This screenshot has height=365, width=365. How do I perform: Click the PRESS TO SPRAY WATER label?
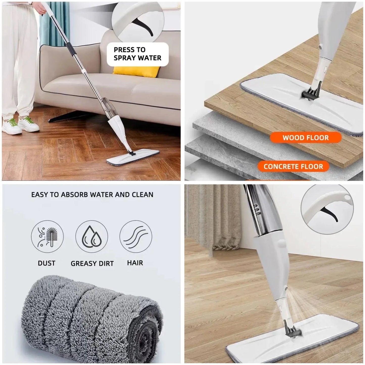(x=137, y=54)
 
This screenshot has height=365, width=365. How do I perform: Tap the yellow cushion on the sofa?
(x=136, y=70)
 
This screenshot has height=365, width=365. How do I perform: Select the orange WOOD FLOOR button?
(x=306, y=138)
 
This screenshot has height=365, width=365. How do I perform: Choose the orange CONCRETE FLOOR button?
(x=293, y=166)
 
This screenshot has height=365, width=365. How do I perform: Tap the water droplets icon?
(x=91, y=237)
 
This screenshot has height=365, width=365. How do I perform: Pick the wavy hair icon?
(x=136, y=237)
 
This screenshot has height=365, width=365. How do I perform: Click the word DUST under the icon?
(x=46, y=263)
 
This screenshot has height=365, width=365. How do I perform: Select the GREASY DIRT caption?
(x=92, y=263)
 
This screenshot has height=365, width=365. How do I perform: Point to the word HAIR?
(x=135, y=263)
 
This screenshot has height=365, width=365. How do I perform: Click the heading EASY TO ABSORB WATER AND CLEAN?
(x=92, y=195)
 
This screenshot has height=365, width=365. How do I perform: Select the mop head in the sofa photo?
(x=133, y=158)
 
